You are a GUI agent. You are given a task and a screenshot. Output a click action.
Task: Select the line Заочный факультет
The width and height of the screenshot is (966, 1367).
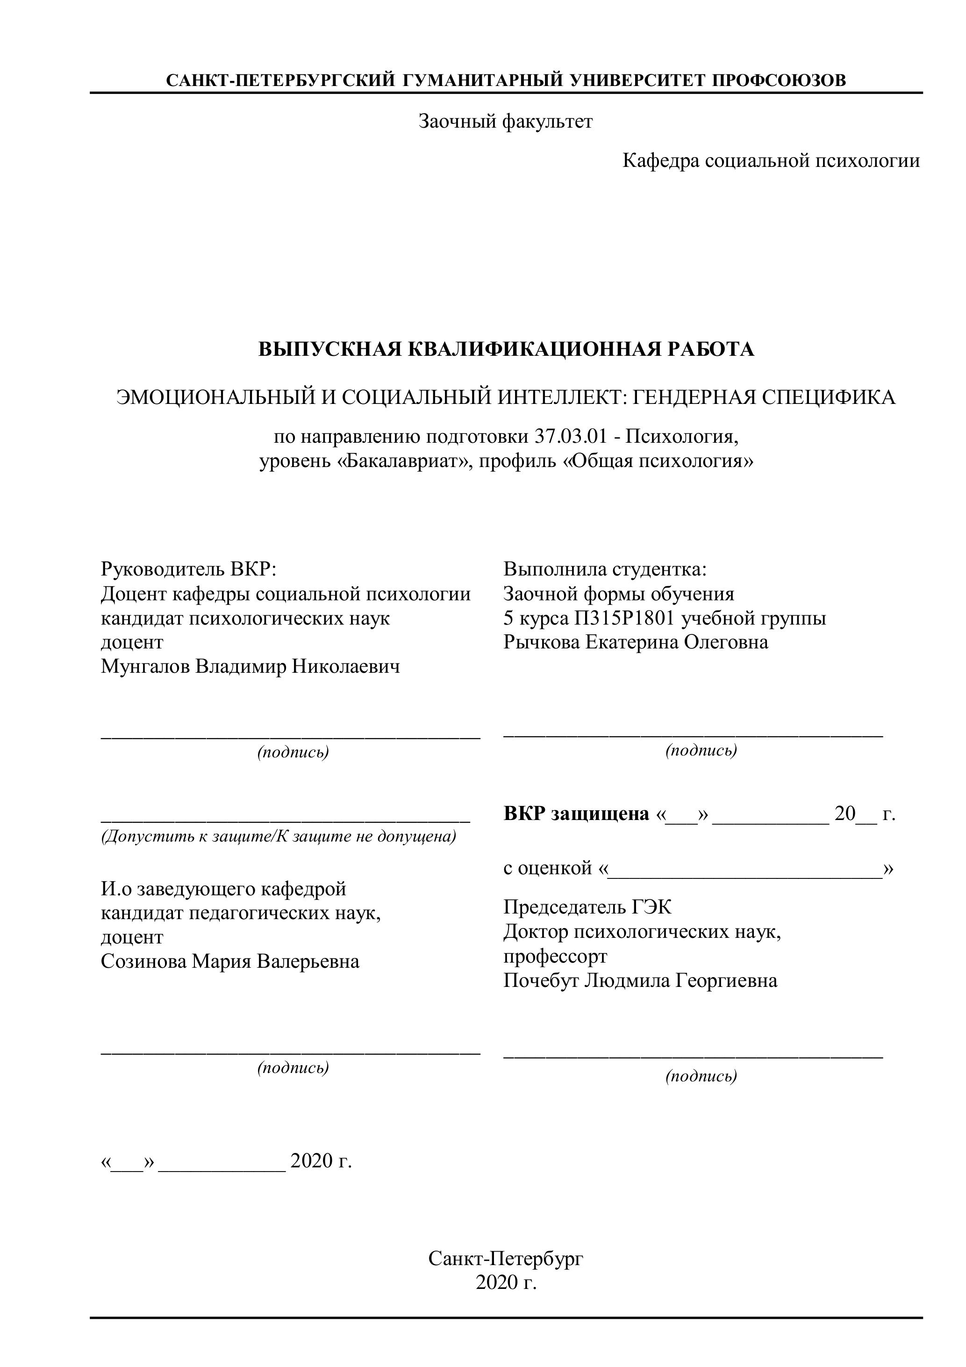pos(506,122)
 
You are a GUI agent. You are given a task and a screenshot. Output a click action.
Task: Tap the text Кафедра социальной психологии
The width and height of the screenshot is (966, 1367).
pos(771,160)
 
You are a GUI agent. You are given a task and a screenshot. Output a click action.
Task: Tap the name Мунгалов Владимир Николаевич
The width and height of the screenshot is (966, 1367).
pos(250,666)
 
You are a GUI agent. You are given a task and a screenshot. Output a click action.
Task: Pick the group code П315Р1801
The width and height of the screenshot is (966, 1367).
pos(624,618)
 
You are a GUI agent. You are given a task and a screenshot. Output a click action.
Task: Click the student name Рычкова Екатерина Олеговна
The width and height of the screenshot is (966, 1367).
pos(635,642)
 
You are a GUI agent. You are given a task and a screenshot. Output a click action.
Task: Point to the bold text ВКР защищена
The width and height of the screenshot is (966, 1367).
pos(576,813)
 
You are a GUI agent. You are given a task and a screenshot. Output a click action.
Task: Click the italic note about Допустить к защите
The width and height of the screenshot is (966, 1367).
pos(279,836)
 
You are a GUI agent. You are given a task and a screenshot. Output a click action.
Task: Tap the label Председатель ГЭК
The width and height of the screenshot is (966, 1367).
pos(587,907)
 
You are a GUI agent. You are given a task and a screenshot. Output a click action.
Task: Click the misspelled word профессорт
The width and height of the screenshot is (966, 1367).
pos(555,956)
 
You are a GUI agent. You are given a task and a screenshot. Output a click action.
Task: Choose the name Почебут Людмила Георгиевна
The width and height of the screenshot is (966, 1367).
pos(640,980)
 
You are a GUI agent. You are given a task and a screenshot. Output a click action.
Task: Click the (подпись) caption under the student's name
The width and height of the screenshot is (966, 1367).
pos(701,750)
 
